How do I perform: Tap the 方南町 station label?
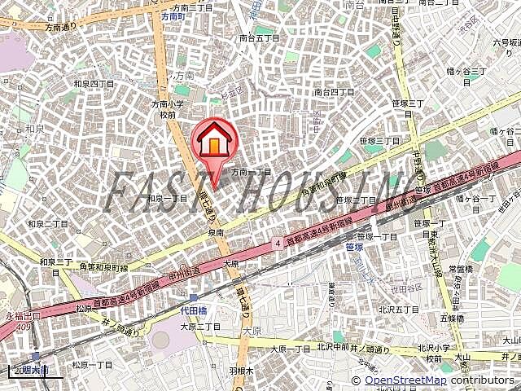click(x=174, y=15)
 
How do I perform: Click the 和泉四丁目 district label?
click(x=93, y=83)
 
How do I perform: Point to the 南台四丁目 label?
click(x=334, y=92)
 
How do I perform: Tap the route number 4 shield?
click(x=278, y=242)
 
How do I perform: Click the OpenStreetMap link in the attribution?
click(x=405, y=380)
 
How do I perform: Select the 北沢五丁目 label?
click(x=399, y=309)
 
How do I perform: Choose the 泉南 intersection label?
click(x=216, y=232)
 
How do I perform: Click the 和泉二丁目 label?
click(x=48, y=223)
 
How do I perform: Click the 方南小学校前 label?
click(x=168, y=109)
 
